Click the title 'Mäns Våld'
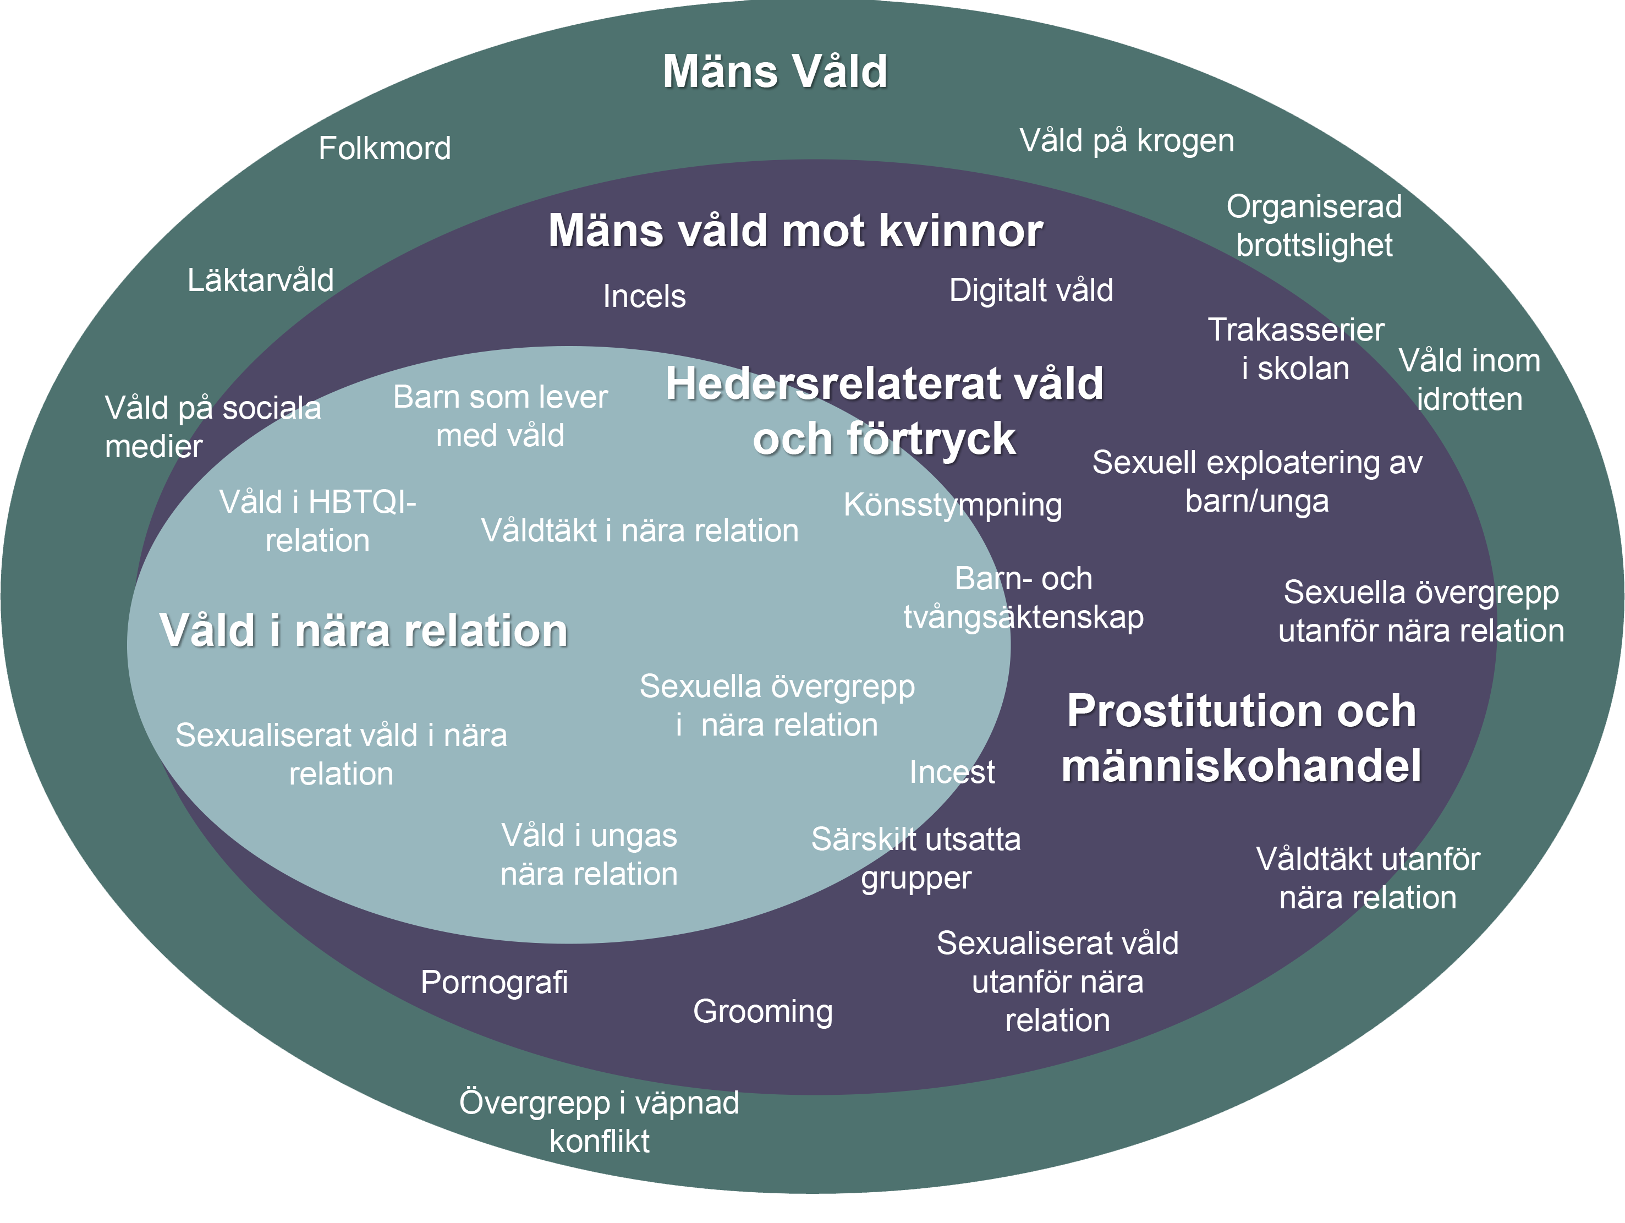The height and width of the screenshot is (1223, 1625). pos(775,72)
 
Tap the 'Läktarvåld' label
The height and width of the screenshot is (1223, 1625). pos(260,280)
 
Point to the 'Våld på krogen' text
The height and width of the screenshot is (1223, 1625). pos(1126,141)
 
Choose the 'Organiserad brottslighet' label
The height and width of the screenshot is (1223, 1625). pos(1314,226)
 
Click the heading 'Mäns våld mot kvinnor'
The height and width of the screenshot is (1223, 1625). pos(795,231)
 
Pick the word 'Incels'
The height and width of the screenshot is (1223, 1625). pos(644,296)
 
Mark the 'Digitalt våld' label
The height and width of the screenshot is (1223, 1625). pos(1031,290)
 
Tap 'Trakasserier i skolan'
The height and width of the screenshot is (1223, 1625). pos(1295,349)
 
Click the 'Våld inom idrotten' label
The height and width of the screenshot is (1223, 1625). pos(1469,380)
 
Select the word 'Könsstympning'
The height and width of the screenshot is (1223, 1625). pos(952,504)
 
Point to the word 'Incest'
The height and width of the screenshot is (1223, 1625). pos(952,772)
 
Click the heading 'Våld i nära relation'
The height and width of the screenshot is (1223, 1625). pos(364,630)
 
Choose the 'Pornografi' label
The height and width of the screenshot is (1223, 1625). pos(493,982)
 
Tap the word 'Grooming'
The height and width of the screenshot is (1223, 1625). pos(762,1011)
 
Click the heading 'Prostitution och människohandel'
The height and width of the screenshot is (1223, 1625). pos(1241,738)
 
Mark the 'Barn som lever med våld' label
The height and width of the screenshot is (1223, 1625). pos(500,416)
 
